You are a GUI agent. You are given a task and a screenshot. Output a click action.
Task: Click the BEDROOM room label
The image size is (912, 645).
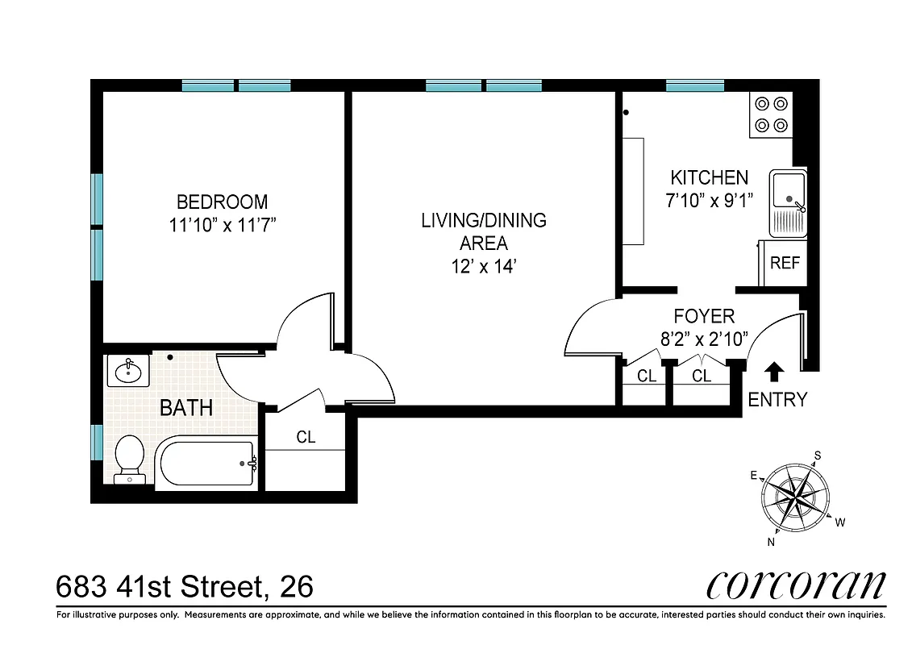tap(222, 202)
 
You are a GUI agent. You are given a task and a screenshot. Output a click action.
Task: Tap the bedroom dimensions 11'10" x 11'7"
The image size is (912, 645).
tap(223, 225)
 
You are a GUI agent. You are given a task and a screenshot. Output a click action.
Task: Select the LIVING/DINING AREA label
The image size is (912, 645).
tap(484, 231)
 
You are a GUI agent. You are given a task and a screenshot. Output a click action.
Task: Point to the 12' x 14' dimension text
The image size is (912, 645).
tap(484, 267)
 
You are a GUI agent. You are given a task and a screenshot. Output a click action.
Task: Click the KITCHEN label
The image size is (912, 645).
tap(710, 177)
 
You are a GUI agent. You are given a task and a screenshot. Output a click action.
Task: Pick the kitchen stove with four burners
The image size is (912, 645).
tap(770, 114)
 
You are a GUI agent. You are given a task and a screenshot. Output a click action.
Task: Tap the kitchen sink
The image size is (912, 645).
tap(787, 202)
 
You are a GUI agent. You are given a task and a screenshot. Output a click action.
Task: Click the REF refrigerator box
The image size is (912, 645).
tap(785, 264)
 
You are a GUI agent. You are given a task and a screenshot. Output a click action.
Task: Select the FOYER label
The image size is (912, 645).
tap(704, 317)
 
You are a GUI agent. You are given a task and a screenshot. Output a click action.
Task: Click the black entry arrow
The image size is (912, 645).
tap(774, 371)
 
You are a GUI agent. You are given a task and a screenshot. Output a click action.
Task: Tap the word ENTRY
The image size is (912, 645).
tap(777, 400)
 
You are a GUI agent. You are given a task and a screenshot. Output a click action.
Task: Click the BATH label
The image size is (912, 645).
tap(186, 408)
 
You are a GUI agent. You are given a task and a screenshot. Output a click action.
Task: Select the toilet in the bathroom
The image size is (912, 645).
tap(130, 459)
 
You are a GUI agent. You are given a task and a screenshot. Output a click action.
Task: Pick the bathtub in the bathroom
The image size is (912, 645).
tap(206, 464)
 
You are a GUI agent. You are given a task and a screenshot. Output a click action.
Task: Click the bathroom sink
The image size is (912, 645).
tap(127, 372)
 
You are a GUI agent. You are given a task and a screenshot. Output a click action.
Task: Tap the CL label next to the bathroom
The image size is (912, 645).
tap(306, 438)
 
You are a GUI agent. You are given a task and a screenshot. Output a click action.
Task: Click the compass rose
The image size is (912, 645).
tap(796, 497)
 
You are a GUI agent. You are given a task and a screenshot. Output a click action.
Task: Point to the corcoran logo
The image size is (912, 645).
tap(795, 585)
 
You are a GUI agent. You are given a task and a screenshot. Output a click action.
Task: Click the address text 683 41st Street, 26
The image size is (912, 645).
tap(185, 587)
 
